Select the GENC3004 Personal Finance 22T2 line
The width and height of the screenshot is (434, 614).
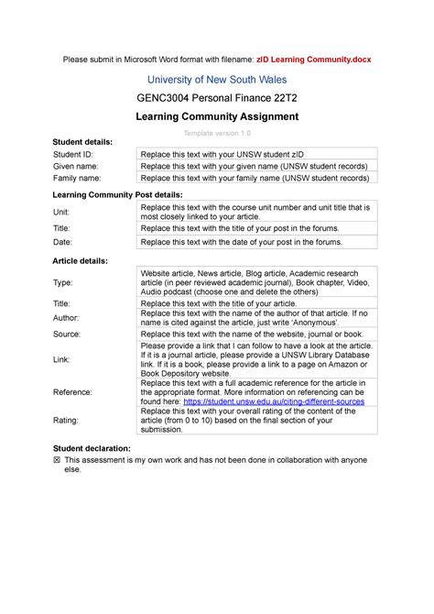[x=217, y=97]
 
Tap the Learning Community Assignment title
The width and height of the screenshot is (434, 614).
[x=217, y=116]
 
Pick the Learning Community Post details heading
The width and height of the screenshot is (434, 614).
[x=117, y=195]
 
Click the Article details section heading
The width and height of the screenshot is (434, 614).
[x=81, y=261]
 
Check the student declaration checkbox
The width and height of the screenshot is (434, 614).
[x=57, y=459]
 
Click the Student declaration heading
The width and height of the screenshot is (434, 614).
[x=92, y=447]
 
